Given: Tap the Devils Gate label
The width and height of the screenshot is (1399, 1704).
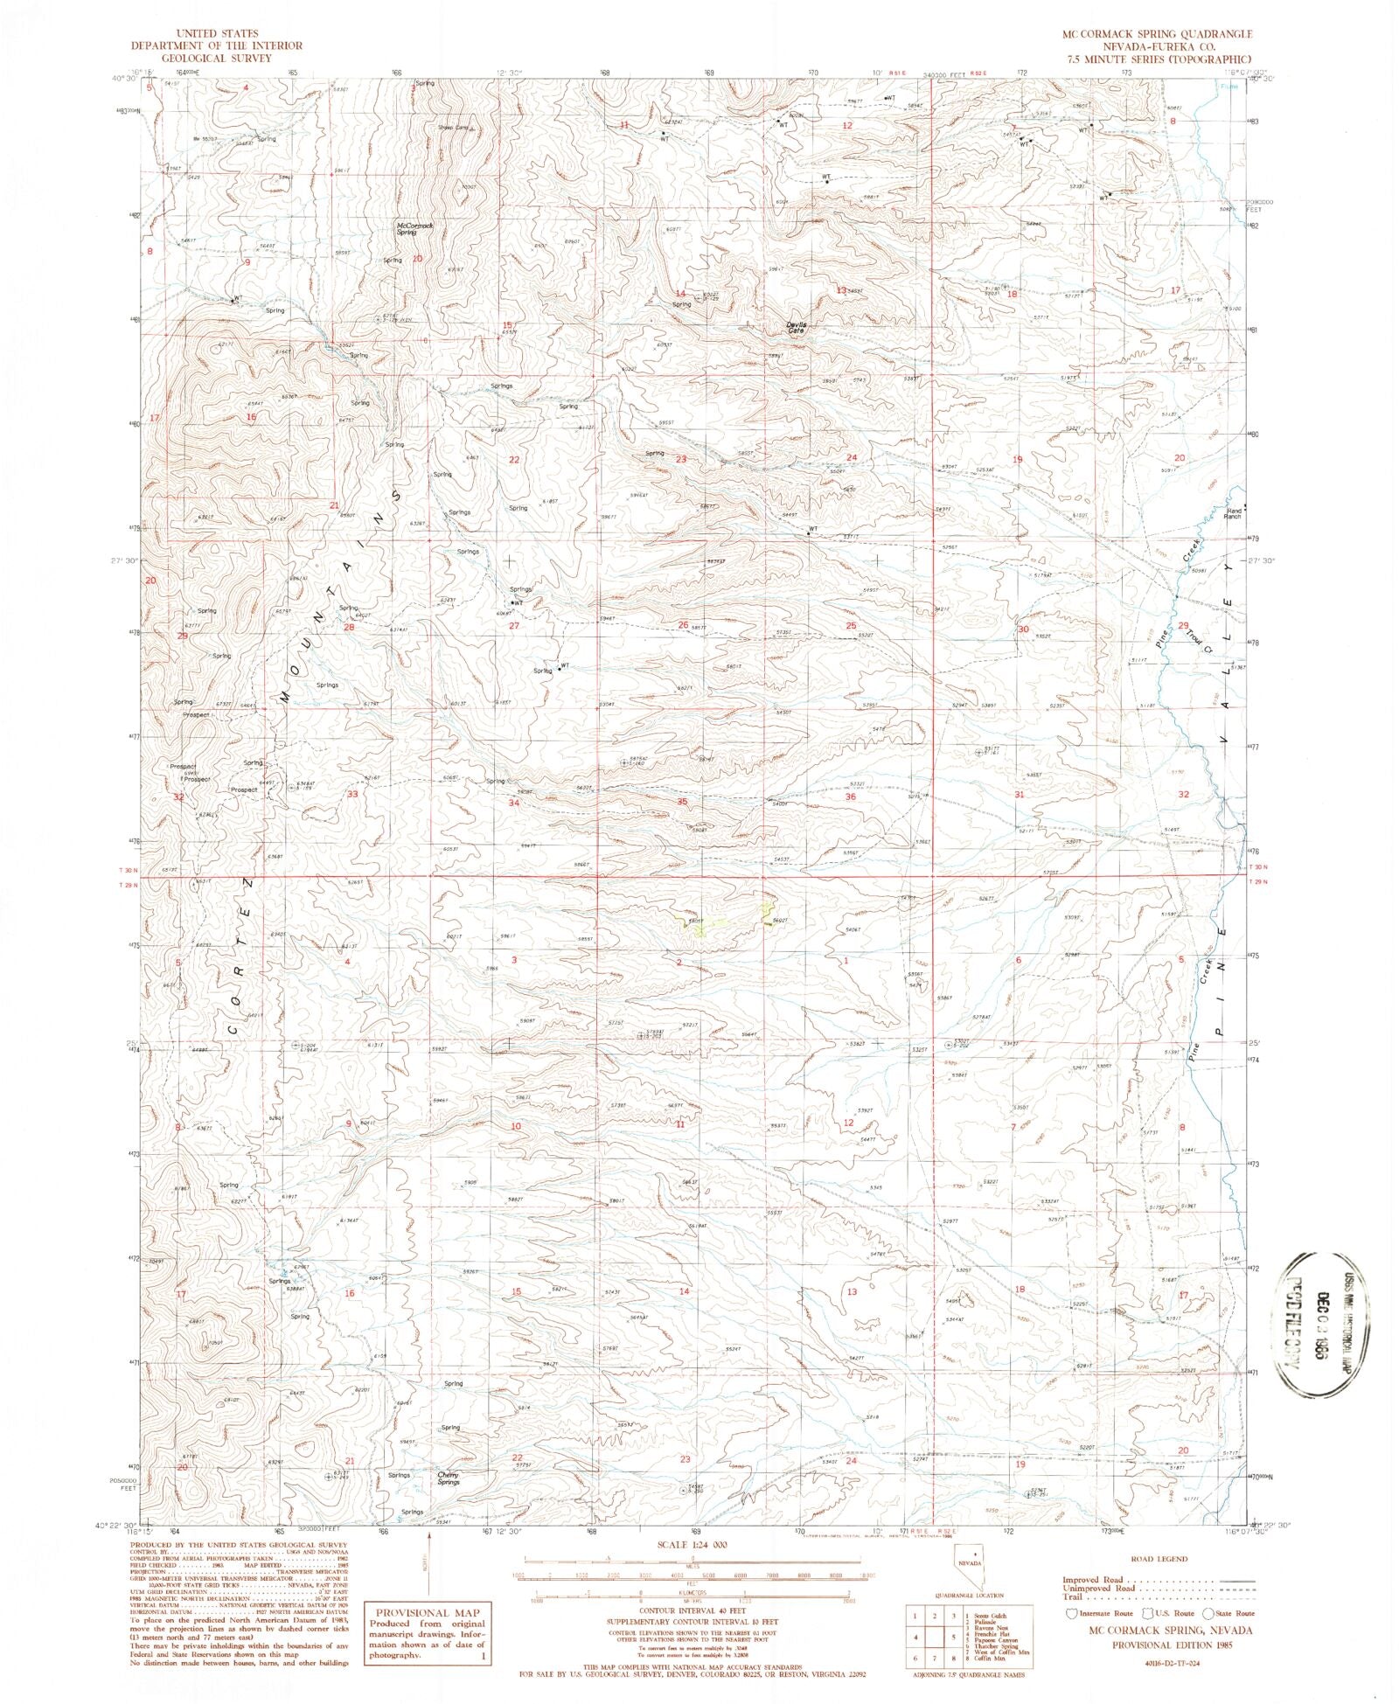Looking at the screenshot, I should click(796, 328).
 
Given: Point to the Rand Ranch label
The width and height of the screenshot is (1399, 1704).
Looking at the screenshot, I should click(1233, 514).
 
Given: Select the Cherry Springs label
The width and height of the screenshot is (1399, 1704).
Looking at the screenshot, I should click(449, 1478).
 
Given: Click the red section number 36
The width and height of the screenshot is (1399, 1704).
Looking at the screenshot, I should click(850, 796).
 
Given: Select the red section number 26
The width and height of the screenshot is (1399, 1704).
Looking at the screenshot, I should click(684, 624).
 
